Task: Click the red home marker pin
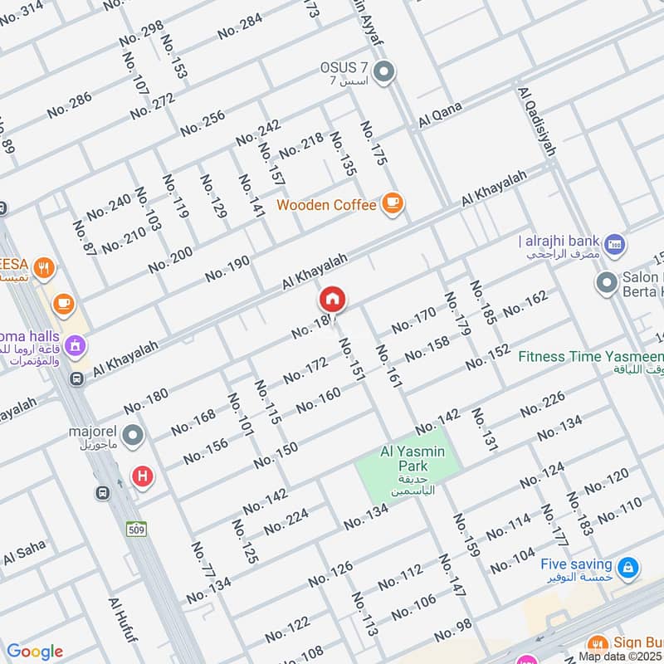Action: point(333,300)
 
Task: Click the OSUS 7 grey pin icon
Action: point(383,73)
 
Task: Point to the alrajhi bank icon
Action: point(614,243)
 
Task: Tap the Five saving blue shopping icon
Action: point(629,566)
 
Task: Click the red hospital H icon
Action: point(143,476)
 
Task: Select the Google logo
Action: point(34,652)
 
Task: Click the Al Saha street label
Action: point(24,555)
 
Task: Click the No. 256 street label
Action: point(203,122)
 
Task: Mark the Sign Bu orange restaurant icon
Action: point(595,643)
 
